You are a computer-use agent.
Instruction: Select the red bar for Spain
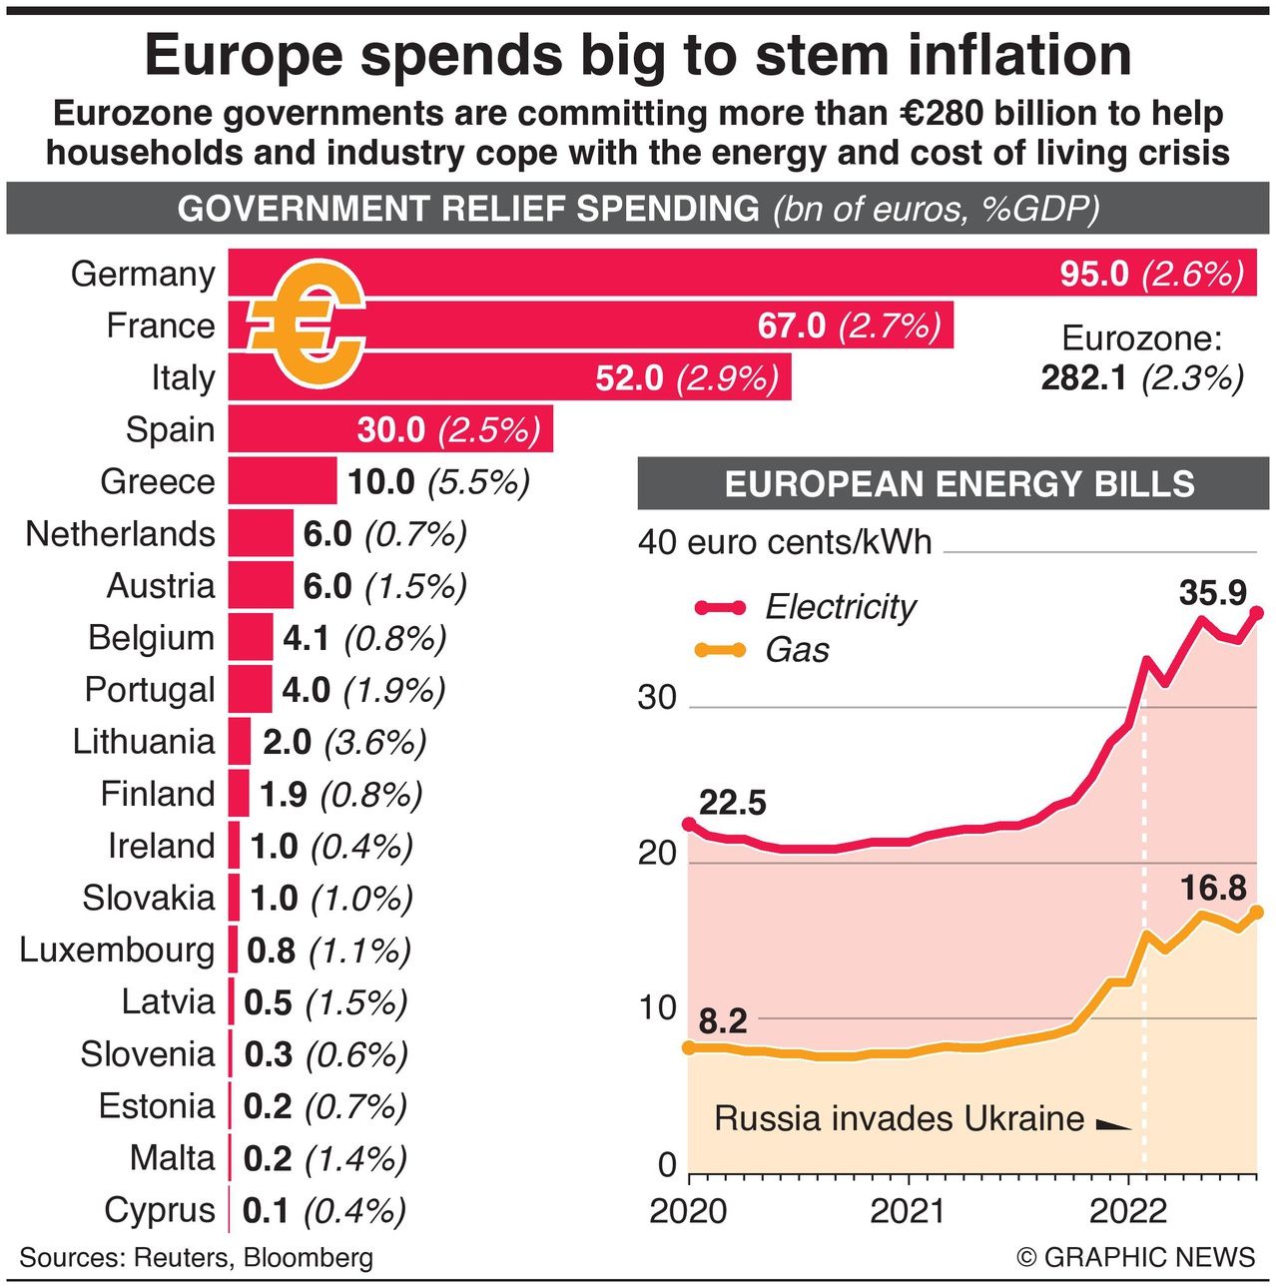[389, 429]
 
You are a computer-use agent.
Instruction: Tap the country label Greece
[158, 481]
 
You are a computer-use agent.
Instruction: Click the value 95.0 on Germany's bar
[1093, 273]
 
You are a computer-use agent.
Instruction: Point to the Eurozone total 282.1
[1084, 378]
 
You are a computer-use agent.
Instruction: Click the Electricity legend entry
[839, 606]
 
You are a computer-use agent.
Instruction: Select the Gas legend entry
[796, 650]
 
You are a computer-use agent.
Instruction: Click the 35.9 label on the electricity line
[1212, 592]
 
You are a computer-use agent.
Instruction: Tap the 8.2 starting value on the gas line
[723, 1021]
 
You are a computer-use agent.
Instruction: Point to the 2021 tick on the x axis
[907, 1210]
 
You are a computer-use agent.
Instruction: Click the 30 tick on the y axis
[657, 698]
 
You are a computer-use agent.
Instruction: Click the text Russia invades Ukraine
[899, 1118]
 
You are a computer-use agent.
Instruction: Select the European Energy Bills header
[958, 484]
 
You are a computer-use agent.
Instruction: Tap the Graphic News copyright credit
[1135, 1257]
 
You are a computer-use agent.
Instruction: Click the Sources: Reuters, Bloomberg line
[196, 1257]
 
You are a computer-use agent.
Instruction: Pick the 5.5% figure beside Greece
[478, 482]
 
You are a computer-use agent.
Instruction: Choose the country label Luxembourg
[117, 950]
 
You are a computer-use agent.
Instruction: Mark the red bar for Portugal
[250, 689]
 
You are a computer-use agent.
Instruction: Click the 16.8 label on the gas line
[1212, 888]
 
